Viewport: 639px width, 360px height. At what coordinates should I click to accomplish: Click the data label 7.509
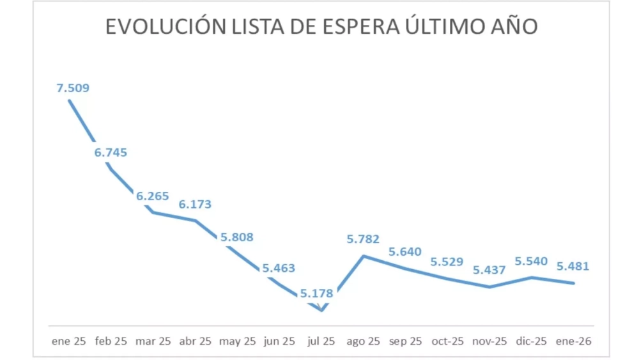point(73,88)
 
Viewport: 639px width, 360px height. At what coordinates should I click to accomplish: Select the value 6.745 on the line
point(111,152)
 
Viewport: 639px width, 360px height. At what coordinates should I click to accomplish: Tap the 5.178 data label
point(316,294)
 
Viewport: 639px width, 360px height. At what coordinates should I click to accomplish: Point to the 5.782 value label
point(363,240)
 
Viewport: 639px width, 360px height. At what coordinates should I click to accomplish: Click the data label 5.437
point(489,270)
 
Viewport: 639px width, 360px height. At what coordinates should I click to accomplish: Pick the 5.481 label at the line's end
point(573,267)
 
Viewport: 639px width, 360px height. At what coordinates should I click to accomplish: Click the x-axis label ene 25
point(68,341)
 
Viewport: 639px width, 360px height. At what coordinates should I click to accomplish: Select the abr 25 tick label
point(194,341)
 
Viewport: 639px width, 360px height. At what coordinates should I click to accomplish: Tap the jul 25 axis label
point(321,341)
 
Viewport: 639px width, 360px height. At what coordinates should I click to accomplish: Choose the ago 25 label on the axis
point(363,341)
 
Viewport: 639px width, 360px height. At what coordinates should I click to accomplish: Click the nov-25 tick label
point(489,341)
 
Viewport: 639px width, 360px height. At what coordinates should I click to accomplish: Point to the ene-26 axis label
point(574,341)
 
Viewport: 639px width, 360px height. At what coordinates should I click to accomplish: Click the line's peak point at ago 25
point(364,256)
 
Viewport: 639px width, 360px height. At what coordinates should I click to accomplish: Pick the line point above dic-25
point(532,277)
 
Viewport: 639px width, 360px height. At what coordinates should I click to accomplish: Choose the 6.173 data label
point(195,205)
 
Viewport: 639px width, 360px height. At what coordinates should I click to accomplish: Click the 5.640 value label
point(405,252)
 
